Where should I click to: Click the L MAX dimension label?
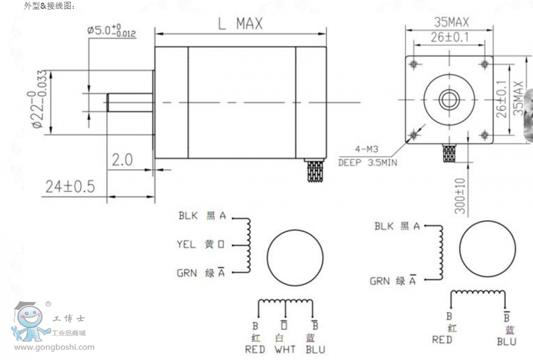(x=241, y=23)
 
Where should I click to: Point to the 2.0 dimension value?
(x=122, y=159)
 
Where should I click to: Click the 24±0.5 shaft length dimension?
(x=69, y=186)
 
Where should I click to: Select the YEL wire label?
(x=187, y=245)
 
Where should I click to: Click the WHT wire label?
(x=285, y=349)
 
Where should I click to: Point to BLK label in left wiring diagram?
(x=187, y=216)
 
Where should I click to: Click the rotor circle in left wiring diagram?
(x=296, y=257)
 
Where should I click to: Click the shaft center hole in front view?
(x=448, y=98)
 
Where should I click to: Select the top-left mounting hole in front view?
(x=414, y=64)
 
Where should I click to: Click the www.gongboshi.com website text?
(x=54, y=347)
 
